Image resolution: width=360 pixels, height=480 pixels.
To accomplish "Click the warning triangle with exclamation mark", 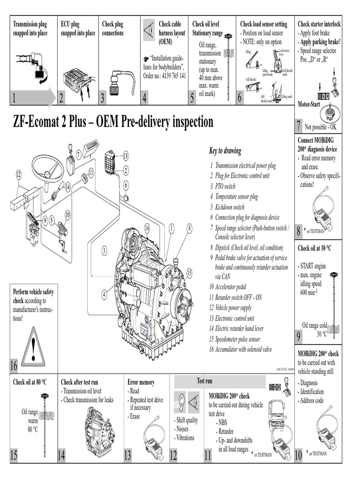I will [x=33, y=346].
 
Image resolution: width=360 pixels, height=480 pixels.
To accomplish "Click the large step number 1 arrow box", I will [x=33, y=98].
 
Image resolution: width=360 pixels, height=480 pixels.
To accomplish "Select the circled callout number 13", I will [x=125, y=156].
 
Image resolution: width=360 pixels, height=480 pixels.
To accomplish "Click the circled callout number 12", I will [x=19, y=175].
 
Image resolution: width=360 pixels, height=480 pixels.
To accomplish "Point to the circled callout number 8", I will [x=189, y=228].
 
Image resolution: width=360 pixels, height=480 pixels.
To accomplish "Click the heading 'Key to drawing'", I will [x=225, y=151].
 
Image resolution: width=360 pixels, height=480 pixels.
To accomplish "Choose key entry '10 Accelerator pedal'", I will [x=228, y=286].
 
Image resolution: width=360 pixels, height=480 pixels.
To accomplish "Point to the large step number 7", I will [x=298, y=126].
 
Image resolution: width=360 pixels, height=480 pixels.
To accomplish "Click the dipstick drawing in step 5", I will [x=228, y=66].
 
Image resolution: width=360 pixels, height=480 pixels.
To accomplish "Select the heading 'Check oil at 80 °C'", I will [x=30, y=382].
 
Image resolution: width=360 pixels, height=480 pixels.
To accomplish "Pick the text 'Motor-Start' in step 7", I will [x=308, y=105].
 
